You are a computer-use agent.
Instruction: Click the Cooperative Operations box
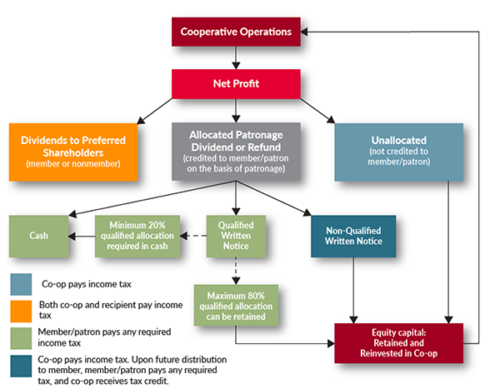point(237,32)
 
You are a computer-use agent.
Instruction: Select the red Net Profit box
point(237,83)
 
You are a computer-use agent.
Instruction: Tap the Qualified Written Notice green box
point(236,236)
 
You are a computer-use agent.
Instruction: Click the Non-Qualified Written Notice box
point(353,236)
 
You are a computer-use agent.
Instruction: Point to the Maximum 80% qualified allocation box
point(236,304)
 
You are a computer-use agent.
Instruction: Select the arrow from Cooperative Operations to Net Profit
point(237,57)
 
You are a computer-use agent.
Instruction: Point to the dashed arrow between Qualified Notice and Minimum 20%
point(194,236)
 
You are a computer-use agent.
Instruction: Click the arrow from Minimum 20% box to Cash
point(82,236)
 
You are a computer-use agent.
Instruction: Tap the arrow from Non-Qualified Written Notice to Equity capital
point(354,287)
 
